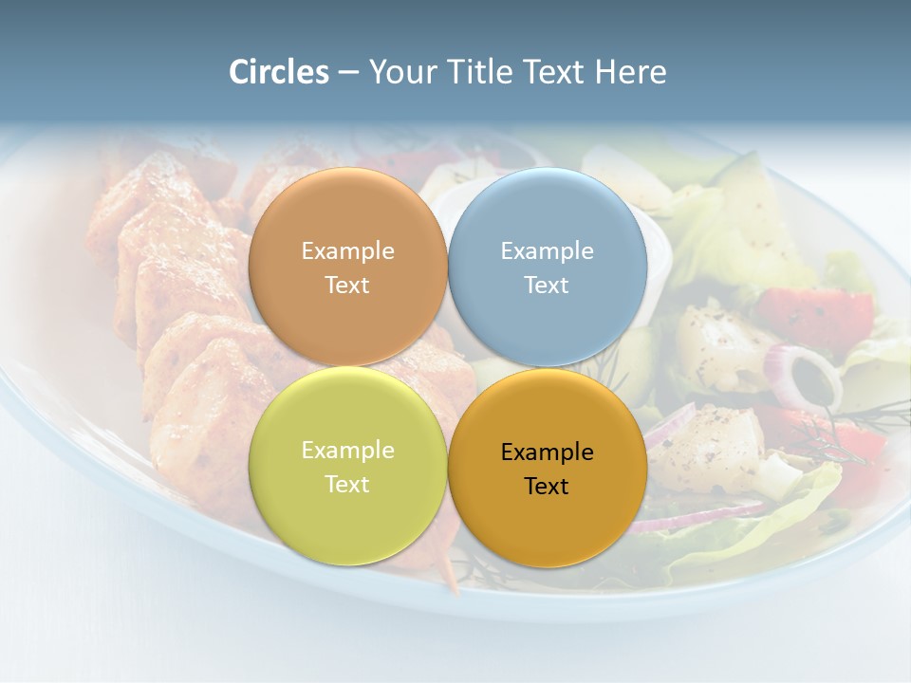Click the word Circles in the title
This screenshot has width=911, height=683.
(278, 72)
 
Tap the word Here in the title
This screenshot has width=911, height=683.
(631, 72)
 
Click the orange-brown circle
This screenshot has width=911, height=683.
(347, 228)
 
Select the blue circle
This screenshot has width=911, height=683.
(547, 228)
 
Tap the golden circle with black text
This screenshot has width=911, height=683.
(547, 512)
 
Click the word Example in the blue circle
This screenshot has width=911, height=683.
(547, 251)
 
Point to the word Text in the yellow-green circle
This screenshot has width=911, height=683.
(347, 484)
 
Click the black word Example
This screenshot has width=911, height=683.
(547, 452)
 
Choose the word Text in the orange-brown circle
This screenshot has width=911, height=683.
(347, 285)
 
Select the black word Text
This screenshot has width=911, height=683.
(547, 487)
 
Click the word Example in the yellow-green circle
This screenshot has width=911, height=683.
(347, 451)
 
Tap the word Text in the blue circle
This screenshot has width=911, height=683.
(547, 285)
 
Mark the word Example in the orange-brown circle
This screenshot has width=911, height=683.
(347, 251)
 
